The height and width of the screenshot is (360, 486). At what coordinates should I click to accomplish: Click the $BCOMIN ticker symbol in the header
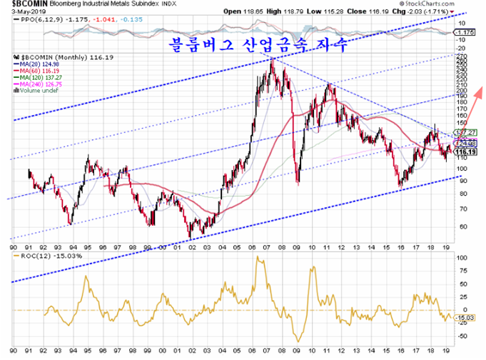click(20, 4)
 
